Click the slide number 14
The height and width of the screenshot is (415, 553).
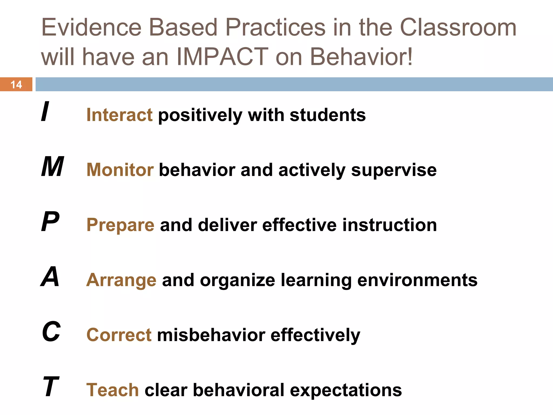pyautogui.click(x=16, y=85)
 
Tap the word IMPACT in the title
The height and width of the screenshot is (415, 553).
pyautogui.click(x=222, y=57)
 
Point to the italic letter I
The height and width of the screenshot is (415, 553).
pyautogui.click(x=45, y=111)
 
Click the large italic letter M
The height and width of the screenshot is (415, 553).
pyautogui.click(x=53, y=167)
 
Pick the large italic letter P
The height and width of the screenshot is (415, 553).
pyautogui.click(x=50, y=222)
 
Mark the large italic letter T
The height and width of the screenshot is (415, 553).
pyautogui.click(x=51, y=387)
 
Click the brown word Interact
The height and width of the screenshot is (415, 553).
pyautogui.click(x=119, y=115)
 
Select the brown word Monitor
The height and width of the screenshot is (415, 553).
pyautogui.click(x=120, y=170)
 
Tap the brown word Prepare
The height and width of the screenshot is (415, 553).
pyautogui.click(x=120, y=225)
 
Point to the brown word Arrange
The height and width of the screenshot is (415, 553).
pyautogui.click(x=121, y=280)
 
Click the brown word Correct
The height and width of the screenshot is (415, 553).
pyautogui.click(x=119, y=335)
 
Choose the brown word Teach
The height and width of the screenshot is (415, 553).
pyautogui.click(x=113, y=390)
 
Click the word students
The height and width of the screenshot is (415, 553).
pyautogui.click(x=328, y=115)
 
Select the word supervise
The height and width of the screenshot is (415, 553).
pyautogui.click(x=394, y=170)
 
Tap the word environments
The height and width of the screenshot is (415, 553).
pyautogui.click(x=417, y=280)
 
